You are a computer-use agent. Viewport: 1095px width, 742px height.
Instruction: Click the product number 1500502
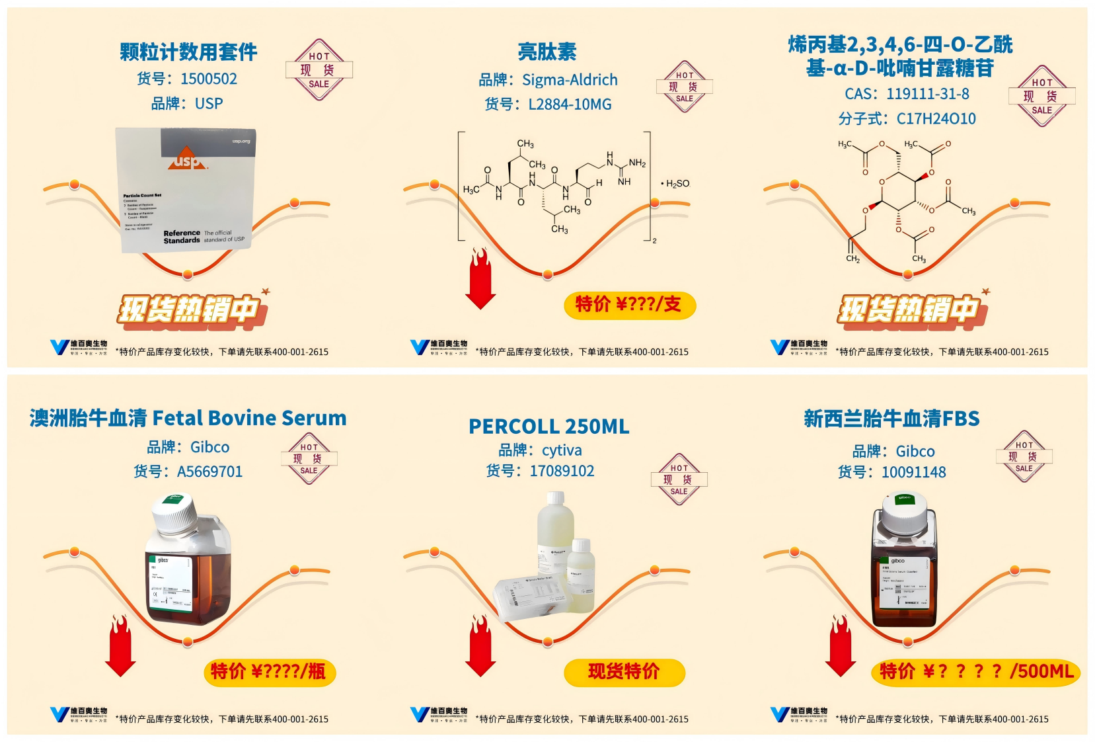point(208,79)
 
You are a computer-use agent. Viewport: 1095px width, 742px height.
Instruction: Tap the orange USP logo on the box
point(188,159)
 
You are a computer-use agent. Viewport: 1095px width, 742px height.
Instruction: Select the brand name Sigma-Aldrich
point(570,80)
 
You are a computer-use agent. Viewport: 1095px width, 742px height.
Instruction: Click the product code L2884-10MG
point(570,104)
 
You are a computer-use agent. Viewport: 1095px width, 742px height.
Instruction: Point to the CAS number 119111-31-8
point(928,94)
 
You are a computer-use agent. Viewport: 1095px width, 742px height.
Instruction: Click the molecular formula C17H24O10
point(936,119)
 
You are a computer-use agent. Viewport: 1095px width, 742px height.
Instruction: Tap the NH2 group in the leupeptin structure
point(637,163)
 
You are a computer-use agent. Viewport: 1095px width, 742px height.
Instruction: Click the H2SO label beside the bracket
point(677,184)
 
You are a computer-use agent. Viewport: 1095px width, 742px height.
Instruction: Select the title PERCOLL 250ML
point(548,427)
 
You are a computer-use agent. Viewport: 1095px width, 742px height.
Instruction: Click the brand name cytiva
point(562,450)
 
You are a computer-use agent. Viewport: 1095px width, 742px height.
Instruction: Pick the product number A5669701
point(209,472)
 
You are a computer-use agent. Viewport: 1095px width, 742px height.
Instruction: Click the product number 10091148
point(913,472)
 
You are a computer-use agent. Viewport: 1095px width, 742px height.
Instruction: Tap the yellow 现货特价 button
point(624,672)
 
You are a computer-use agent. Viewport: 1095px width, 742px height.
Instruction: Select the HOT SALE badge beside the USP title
point(319,70)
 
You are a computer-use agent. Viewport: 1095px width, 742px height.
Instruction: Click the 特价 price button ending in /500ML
point(975,672)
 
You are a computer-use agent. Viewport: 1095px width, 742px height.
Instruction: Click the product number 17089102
point(562,471)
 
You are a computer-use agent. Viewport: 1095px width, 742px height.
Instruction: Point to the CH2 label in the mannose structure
point(852,259)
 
